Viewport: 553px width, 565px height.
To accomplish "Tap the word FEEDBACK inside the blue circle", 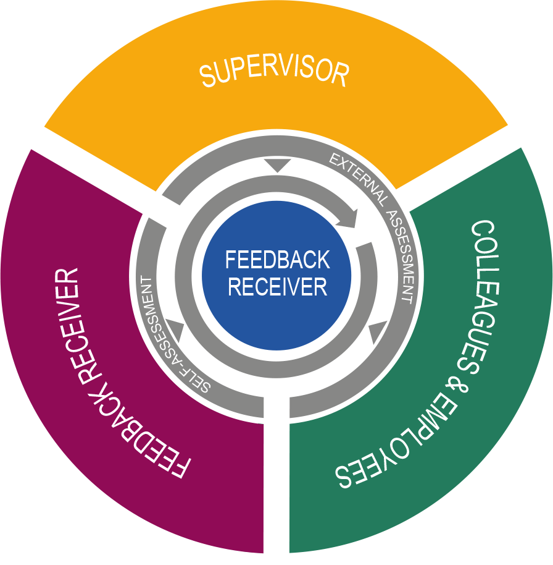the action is [x=277, y=260].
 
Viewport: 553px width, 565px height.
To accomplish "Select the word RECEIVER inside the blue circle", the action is [x=277, y=287].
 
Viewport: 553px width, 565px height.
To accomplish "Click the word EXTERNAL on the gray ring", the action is [x=359, y=179].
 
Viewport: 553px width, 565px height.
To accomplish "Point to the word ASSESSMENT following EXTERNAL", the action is [x=402, y=257].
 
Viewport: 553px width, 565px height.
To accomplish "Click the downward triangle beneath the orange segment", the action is [x=277, y=166].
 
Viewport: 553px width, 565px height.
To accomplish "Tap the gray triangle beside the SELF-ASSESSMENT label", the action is [x=175, y=329].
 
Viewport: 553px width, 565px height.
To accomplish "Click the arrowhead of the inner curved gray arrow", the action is [x=347, y=218].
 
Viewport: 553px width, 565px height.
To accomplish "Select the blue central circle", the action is [x=276, y=276].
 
